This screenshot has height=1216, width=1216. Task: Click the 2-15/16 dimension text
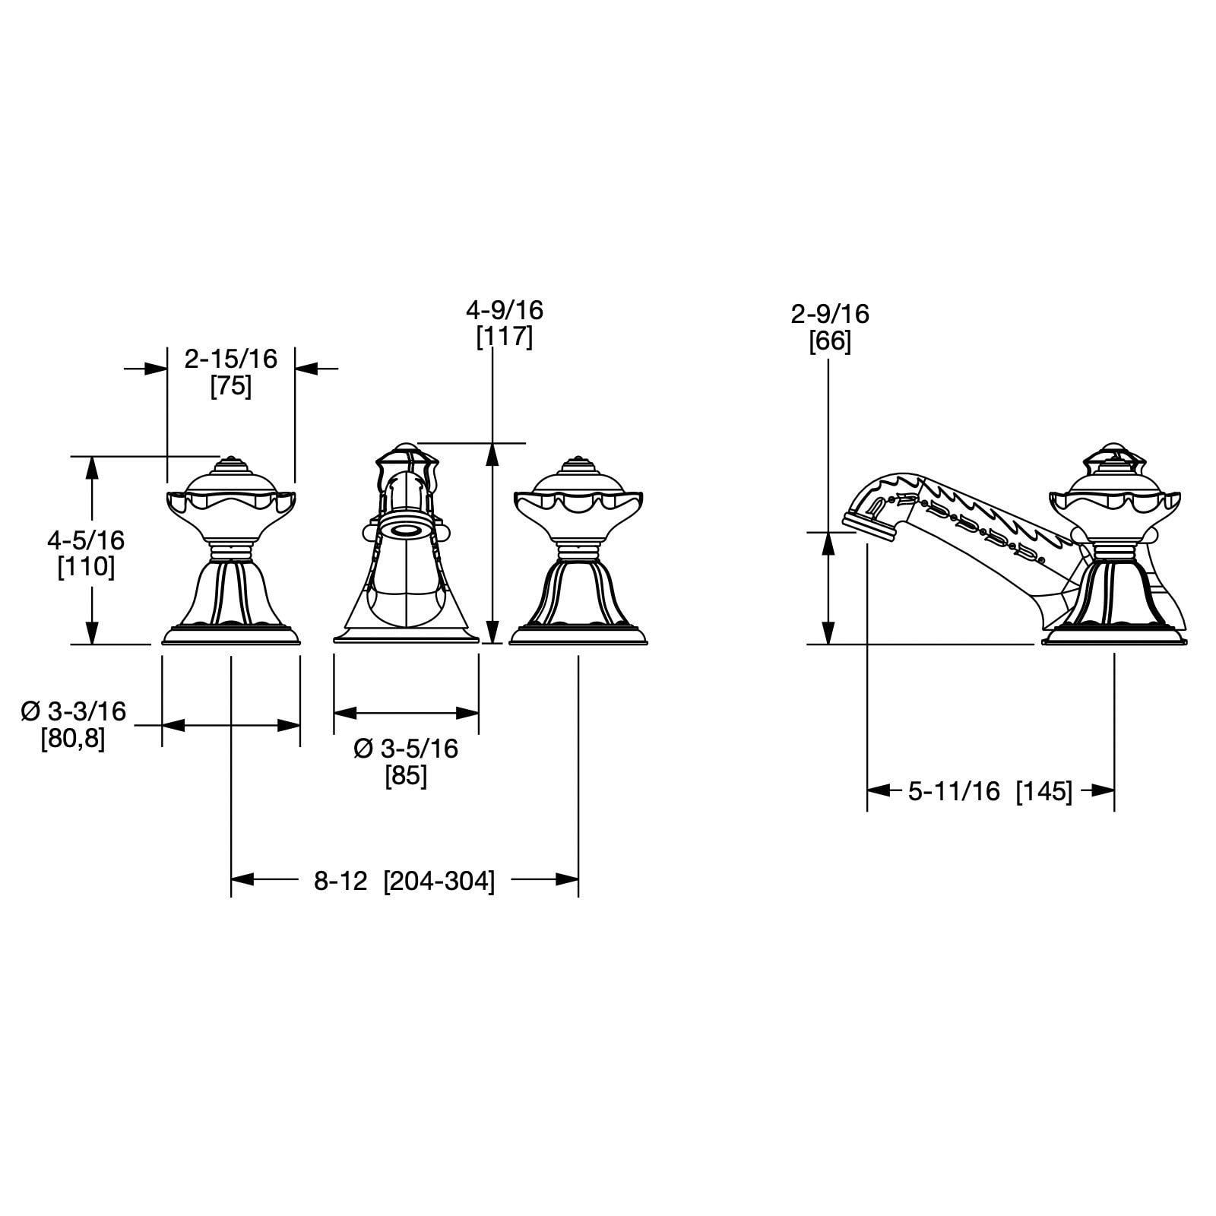tap(231, 359)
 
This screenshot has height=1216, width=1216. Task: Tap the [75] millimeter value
tap(231, 387)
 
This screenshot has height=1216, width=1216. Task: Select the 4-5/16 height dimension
tap(86, 540)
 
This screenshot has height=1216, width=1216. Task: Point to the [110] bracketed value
tap(86, 567)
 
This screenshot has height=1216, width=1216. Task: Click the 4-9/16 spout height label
tap(505, 310)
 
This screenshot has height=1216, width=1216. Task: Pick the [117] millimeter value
tap(505, 337)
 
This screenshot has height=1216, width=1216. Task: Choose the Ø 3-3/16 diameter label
tap(74, 711)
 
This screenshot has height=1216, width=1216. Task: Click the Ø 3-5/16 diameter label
tap(407, 749)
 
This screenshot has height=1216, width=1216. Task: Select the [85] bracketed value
tap(407, 776)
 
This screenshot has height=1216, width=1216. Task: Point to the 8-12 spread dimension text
tap(341, 881)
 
